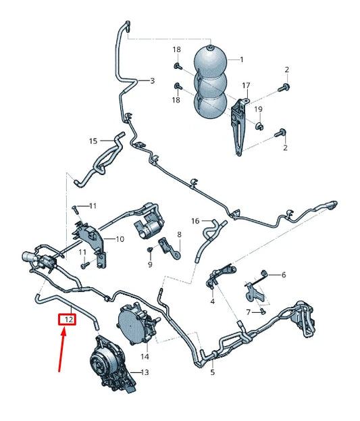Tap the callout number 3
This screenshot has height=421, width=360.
click(152, 80)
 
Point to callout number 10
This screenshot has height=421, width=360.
click(120, 239)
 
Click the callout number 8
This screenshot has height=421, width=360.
click(179, 234)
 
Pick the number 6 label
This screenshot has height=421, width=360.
click(284, 274)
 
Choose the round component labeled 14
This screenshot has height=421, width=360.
click(136, 324)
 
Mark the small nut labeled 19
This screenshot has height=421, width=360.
click(258, 126)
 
